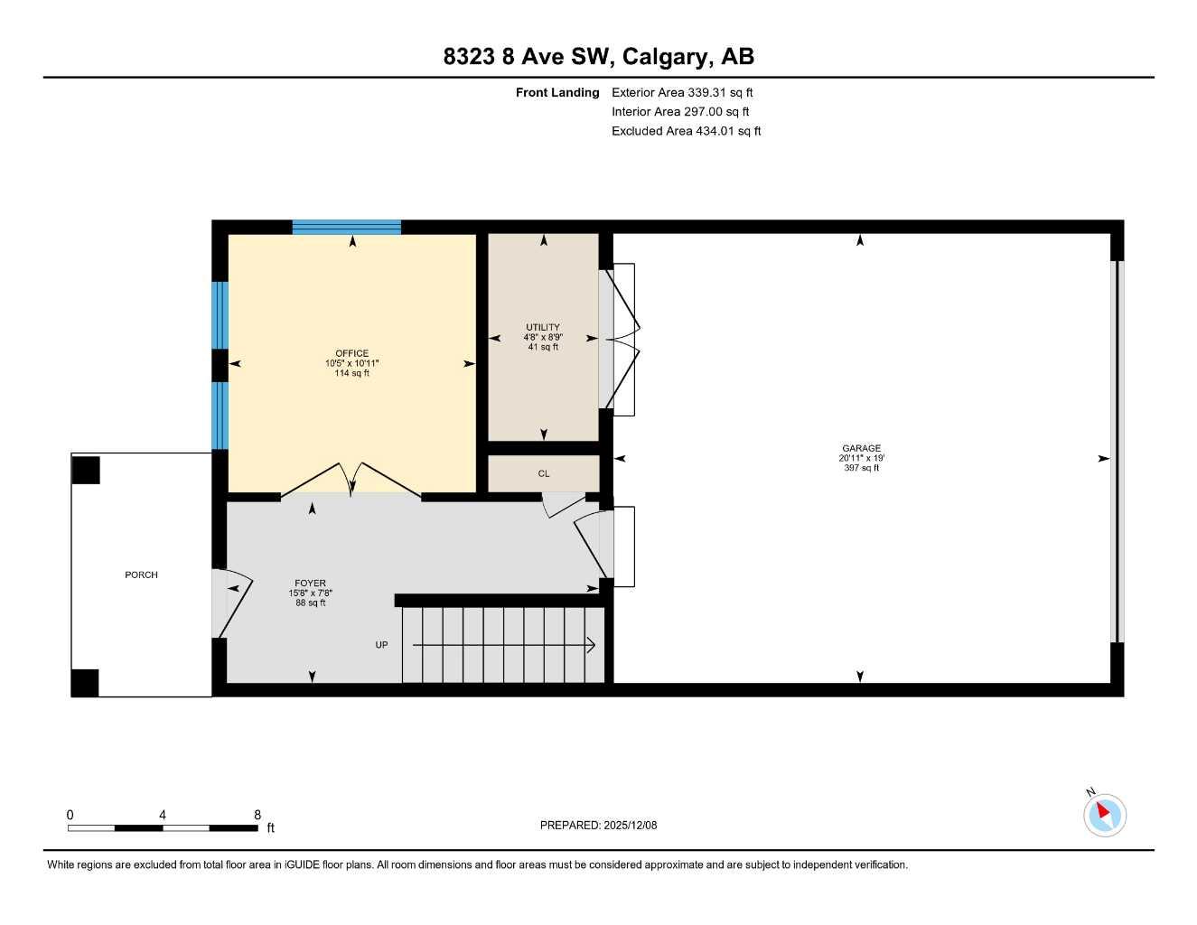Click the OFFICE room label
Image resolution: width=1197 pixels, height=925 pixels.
point(351,353)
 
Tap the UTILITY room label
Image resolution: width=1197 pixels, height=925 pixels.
point(543,327)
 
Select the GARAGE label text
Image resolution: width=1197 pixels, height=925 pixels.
point(861,448)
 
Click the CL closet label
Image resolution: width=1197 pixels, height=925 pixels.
point(544,473)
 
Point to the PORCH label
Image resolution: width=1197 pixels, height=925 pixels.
point(141,575)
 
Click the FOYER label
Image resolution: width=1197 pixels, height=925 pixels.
point(310,584)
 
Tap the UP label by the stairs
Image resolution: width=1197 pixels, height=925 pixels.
point(381,645)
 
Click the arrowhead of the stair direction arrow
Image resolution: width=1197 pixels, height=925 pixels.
point(591,645)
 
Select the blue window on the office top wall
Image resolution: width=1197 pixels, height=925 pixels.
point(346,227)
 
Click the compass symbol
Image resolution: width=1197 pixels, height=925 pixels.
point(1104,814)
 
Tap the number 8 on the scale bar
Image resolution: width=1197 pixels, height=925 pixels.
point(257,815)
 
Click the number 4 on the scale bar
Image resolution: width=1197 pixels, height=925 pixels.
point(163,815)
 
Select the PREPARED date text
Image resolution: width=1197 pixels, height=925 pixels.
point(598,825)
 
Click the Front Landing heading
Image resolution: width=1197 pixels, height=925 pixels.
point(557,92)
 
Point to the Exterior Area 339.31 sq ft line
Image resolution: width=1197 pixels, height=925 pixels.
point(682,92)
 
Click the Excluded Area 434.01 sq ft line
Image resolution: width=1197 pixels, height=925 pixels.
point(686,131)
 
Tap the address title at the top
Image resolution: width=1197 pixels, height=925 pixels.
point(598,56)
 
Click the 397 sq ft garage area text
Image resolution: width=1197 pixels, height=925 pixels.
point(861,468)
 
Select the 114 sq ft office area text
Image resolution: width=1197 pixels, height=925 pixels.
point(351,373)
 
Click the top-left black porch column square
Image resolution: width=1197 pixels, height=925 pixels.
point(86,470)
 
